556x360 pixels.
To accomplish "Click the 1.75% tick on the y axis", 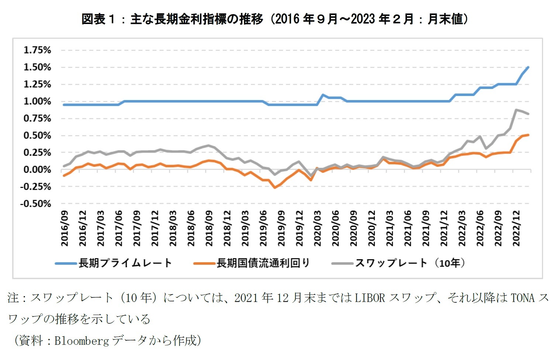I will pyautogui.click(x=37, y=50).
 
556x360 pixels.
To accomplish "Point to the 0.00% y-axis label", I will pyautogui.click(x=37, y=169).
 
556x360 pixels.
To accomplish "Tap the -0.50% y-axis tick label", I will pyautogui.click(x=36, y=203).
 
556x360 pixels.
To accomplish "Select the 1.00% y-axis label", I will pyautogui.click(x=37, y=101).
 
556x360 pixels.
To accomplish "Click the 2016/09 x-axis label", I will pyautogui.click(x=65, y=228).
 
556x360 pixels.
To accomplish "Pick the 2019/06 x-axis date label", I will pyautogui.click(x=263, y=228).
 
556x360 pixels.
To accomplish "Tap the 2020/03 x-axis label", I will pyautogui.click(x=318, y=228).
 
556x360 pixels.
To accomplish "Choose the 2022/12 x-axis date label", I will pyautogui.click(x=517, y=228).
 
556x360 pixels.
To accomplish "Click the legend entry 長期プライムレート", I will pyautogui.click(x=125, y=263).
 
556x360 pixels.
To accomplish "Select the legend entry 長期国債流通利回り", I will pyautogui.click(x=263, y=263).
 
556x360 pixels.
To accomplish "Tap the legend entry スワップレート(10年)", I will pyautogui.click(x=410, y=263).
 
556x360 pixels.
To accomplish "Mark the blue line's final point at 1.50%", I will pyautogui.click(x=528, y=67).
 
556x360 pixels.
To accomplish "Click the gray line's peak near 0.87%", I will pyautogui.click(x=516, y=110).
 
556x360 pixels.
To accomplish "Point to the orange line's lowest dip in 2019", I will pyautogui.click(x=274, y=188).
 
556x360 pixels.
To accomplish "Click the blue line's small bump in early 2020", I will pyautogui.click(x=323, y=95).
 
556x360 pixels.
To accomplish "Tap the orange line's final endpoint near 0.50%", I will pyautogui.click(x=528, y=135).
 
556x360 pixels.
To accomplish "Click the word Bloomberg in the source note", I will pyautogui.click(x=82, y=340).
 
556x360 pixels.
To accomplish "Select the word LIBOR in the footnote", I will pyautogui.click(x=369, y=297).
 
